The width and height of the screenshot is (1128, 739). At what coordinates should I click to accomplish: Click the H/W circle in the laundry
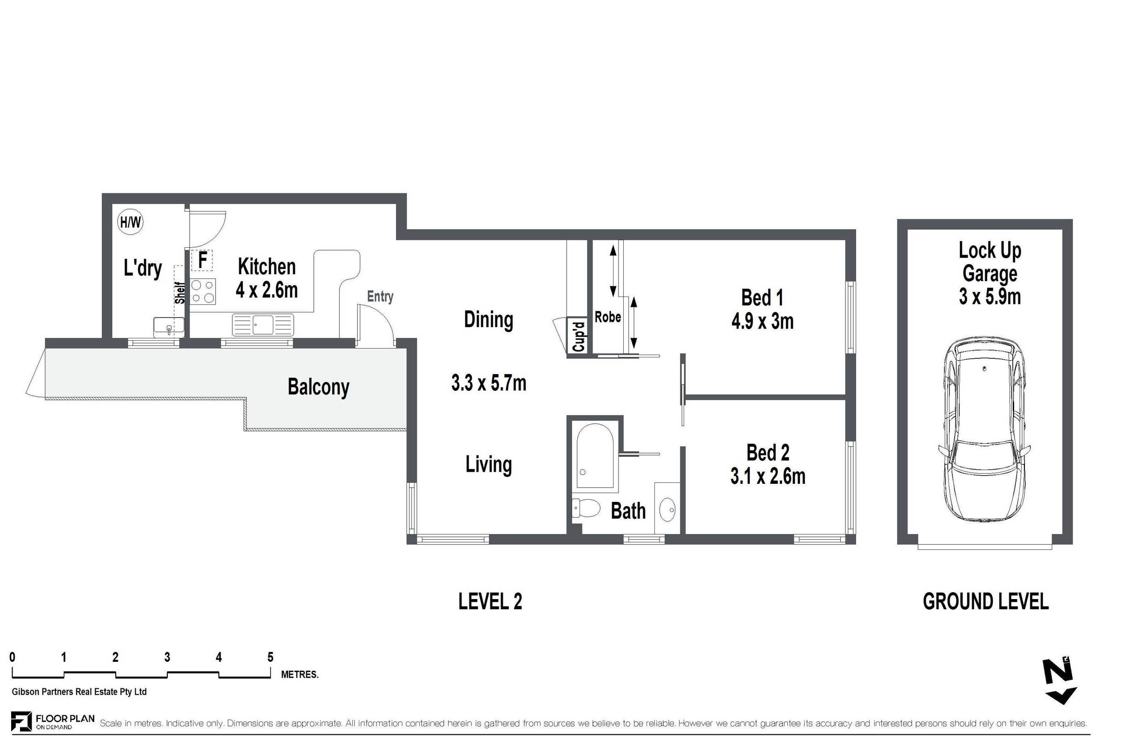coord(130,222)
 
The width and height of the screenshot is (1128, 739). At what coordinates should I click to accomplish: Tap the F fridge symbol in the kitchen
coord(202,260)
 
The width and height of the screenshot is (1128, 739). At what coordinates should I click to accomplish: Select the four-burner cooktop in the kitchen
coord(203,291)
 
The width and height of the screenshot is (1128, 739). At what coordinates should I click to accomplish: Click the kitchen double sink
coord(263,325)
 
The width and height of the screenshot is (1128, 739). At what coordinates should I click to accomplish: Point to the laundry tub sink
coord(169,328)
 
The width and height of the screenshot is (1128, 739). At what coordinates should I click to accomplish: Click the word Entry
coord(380,297)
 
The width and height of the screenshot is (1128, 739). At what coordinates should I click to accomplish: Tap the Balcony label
coord(318,387)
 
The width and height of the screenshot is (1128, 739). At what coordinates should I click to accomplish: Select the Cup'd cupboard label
coord(579,336)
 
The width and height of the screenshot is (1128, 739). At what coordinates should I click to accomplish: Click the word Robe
coord(607,317)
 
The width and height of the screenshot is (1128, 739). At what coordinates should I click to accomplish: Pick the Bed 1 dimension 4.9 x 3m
coord(763,321)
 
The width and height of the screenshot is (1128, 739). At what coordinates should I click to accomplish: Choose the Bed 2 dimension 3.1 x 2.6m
coord(768,476)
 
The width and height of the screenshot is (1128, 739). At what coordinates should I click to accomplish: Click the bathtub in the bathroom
coord(595,455)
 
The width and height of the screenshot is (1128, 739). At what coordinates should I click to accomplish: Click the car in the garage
coord(984,430)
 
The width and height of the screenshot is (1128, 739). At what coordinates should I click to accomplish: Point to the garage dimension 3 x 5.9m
coord(990,297)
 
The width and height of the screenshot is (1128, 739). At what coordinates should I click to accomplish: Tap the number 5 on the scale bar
coord(270,657)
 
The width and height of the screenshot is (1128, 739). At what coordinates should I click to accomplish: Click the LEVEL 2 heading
coord(490,602)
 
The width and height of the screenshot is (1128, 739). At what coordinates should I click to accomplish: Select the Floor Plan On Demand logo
coord(53,721)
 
